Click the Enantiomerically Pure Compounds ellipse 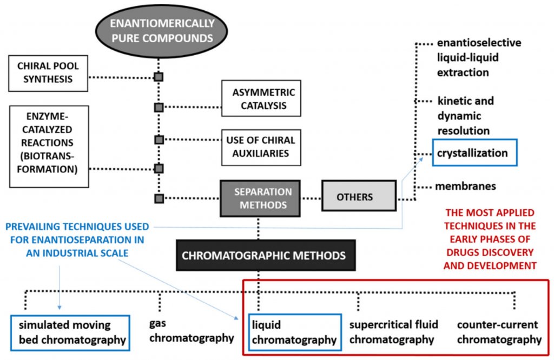pos(162,31)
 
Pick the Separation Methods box pos(262,198)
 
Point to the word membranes pos(465,186)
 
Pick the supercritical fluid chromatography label pos(393,332)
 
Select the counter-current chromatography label pos(498,332)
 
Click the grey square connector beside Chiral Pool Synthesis pos(159,77)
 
